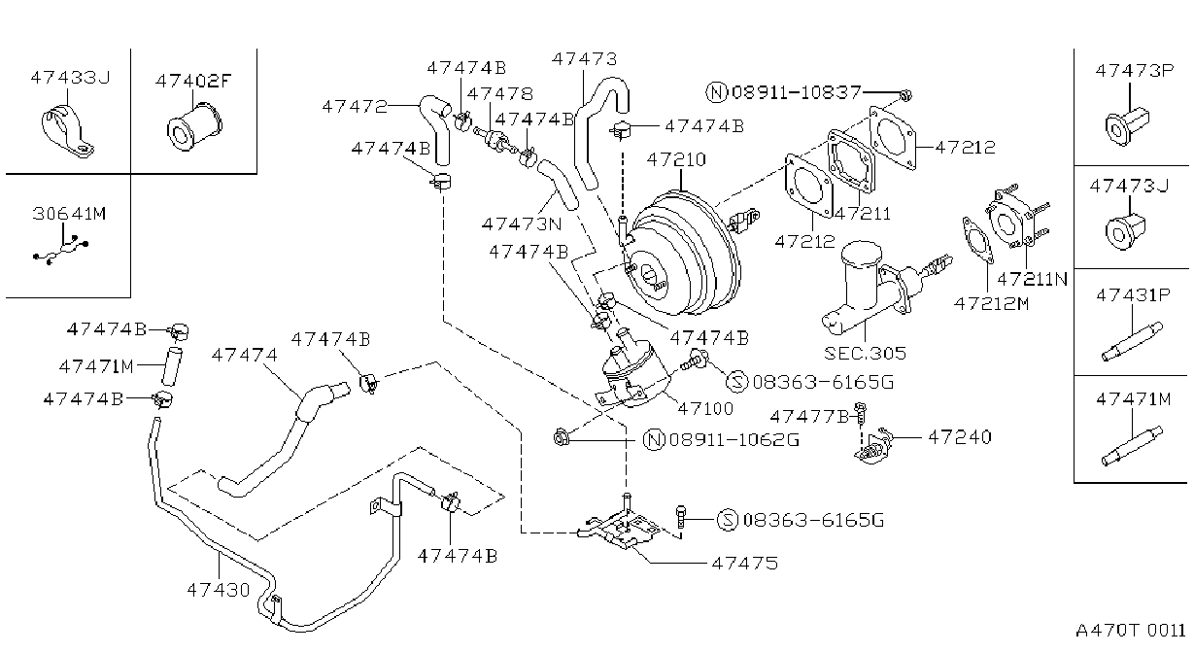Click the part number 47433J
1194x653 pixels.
[70, 78]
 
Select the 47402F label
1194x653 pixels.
[194, 81]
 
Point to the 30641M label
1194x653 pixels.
[69, 214]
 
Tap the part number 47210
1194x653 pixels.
[676, 159]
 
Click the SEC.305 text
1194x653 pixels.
[865, 354]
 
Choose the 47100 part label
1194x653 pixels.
[705, 409]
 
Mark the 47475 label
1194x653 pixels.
[744, 564]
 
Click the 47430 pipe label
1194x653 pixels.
[218, 590]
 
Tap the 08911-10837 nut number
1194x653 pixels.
[797, 92]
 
